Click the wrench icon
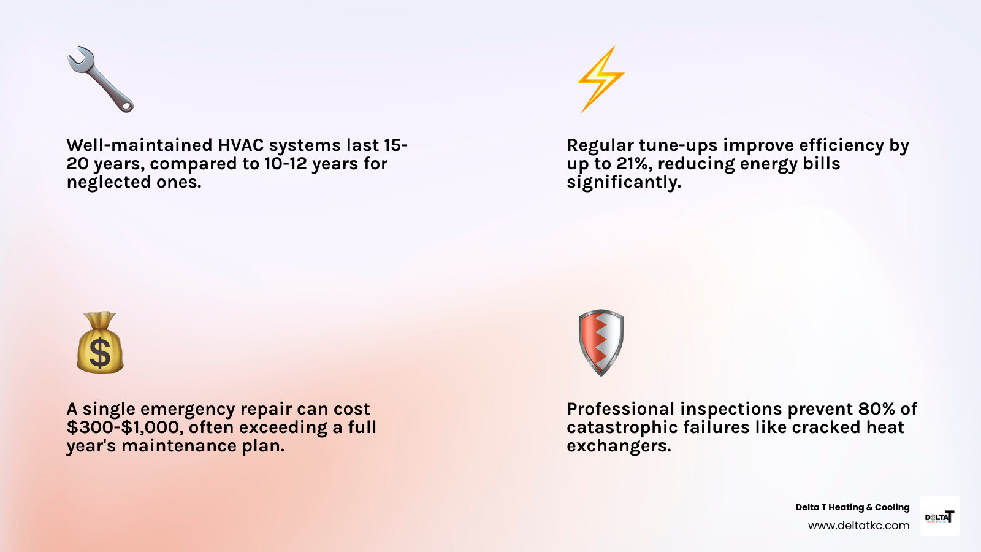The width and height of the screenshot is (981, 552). pyautogui.click(x=100, y=79)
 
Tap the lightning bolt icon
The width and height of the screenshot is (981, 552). pyautogui.click(x=601, y=79)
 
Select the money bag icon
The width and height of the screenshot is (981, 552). pyautogui.click(x=100, y=343)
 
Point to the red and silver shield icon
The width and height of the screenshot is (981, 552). pyautogui.click(x=601, y=342)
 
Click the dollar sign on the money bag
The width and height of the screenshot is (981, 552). pyautogui.click(x=100, y=353)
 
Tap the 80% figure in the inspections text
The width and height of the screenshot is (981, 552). pyautogui.click(x=876, y=409)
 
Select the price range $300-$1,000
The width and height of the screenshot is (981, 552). pyautogui.click(x=124, y=427)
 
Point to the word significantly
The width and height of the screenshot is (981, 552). pyautogui.click(x=624, y=182)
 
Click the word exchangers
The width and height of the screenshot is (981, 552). pyautogui.click(x=618, y=446)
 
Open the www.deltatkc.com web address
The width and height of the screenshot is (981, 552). pyautogui.click(x=858, y=526)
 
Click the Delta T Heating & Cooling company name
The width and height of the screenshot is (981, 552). pyautogui.click(x=852, y=507)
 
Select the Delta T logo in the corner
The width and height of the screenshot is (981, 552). pyautogui.click(x=939, y=516)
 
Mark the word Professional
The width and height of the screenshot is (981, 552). pyautogui.click(x=620, y=409)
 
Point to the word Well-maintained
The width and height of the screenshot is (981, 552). pyautogui.click(x=139, y=145)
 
